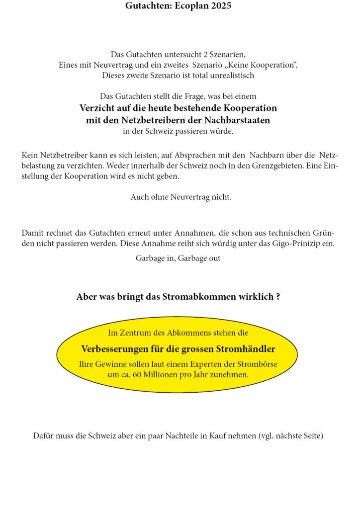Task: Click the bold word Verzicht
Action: point(98,108)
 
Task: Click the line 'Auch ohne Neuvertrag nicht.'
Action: point(181,197)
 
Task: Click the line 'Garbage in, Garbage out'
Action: point(178,258)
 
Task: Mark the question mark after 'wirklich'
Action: point(277,297)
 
